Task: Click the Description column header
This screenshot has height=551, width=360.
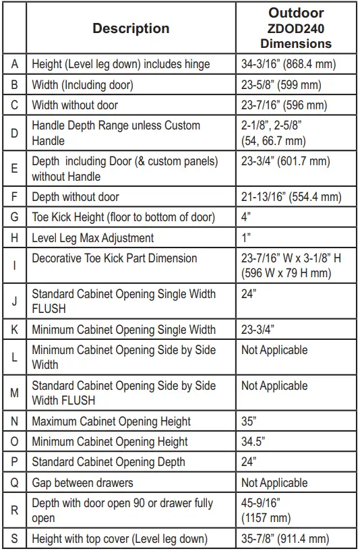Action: coord(131,28)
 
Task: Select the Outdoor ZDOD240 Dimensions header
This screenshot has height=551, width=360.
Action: coord(296,28)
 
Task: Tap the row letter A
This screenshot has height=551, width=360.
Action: coord(14,65)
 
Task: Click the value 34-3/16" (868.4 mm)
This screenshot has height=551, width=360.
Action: coord(289,65)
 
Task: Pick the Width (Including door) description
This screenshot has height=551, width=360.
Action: coord(82,85)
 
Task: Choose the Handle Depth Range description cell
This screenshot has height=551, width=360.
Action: coord(116,133)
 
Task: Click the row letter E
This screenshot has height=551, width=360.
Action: coord(14,169)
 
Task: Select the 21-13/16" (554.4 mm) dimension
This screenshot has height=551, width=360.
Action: coord(291,197)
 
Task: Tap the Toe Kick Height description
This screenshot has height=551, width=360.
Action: coord(123,217)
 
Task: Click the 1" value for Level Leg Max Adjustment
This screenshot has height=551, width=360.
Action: coord(246,237)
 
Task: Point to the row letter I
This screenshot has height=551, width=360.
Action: coord(14,265)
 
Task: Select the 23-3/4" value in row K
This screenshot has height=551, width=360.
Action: coord(258,330)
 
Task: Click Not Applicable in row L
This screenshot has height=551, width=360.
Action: coord(274,350)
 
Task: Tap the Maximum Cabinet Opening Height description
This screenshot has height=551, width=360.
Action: coord(111,422)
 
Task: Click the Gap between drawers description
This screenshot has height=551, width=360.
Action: coord(82,483)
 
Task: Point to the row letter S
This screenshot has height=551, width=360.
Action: coord(14,539)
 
